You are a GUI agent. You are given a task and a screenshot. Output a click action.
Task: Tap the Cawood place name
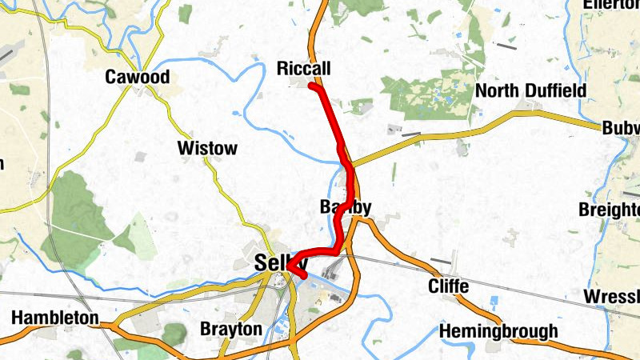tap(138, 78)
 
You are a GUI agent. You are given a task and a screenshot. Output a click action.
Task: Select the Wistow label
tap(207, 148)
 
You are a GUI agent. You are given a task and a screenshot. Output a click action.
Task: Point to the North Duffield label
tap(530, 90)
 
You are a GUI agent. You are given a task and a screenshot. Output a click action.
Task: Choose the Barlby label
tap(346, 208)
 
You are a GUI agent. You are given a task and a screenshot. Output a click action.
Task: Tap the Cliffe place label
tap(448, 286)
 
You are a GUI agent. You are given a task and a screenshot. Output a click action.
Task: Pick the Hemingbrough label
tap(498, 331)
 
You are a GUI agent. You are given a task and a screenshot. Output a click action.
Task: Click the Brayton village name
tap(230, 329)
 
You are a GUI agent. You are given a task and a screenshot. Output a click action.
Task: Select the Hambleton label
tap(54, 318)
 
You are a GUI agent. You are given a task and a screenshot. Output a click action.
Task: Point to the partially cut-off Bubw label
tap(622, 129)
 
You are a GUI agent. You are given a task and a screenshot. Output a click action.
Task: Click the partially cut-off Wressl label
tap(612, 297)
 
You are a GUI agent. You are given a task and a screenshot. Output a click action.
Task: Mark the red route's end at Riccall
tap(311, 86)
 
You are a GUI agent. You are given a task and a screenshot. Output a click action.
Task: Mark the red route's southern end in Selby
tap(304, 276)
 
